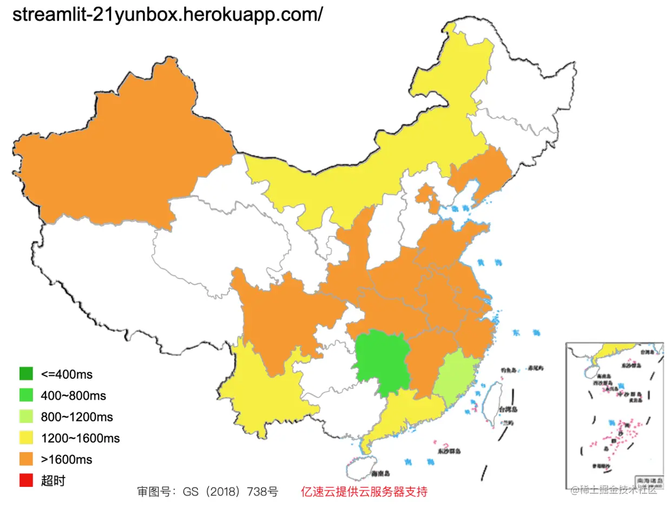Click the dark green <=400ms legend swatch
[x=26, y=374]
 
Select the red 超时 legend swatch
[x=26, y=480]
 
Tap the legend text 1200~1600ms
[x=80, y=438]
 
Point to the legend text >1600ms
[x=66, y=460]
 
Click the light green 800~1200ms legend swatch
[x=26, y=417]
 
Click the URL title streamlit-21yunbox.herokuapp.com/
[x=167, y=15]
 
